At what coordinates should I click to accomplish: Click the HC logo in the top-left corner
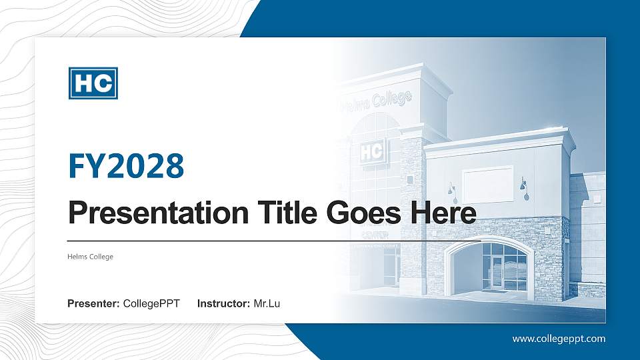(x=93, y=83)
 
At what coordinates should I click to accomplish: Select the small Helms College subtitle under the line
(x=90, y=257)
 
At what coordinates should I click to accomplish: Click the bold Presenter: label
(x=93, y=305)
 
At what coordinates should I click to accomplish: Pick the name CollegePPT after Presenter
(x=151, y=305)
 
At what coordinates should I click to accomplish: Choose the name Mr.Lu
(x=267, y=305)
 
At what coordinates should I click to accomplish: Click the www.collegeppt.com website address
(x=559, y=339)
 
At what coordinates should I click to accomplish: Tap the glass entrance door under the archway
(x=497, y=273)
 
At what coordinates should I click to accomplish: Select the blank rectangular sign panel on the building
(x=487, y=184)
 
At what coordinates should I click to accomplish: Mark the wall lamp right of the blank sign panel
(x=523, y=187)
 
